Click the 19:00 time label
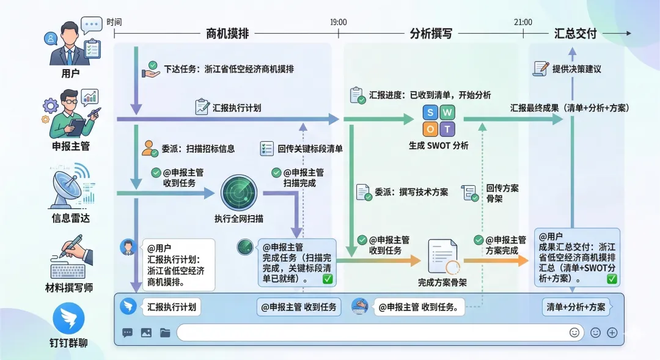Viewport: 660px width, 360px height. [338, 22]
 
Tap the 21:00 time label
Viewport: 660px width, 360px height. [522, 22]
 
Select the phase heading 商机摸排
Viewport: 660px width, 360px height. [227, 34]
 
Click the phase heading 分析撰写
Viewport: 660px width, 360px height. [431, 34]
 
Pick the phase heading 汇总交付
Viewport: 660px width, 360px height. [575, 34]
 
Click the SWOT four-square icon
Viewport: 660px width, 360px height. [439, 120]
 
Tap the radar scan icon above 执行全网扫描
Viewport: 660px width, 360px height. [239, 193]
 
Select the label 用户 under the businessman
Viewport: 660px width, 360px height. [70, 74]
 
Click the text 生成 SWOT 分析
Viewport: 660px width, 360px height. [439, 145]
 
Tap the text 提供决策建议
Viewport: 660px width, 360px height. [576, 69]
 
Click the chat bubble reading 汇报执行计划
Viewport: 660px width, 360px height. [172, 307]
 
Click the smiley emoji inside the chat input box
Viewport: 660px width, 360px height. [574, 332]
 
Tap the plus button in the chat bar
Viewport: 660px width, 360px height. [612, 332]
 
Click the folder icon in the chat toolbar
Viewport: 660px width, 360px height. [165, 333]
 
